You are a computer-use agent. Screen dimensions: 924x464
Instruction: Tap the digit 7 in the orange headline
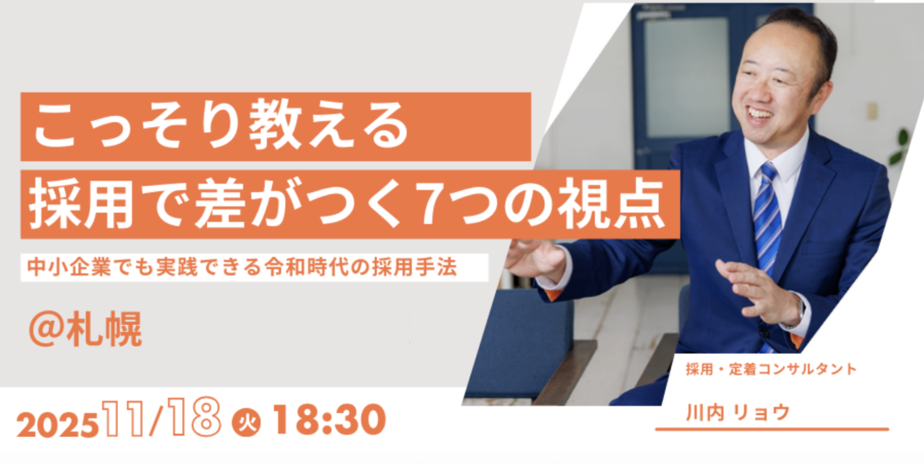[x=434, y=204]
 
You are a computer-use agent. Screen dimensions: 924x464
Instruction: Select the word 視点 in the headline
[x=615, y=204]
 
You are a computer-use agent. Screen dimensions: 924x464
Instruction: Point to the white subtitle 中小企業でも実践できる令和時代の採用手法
[x=242, y=267]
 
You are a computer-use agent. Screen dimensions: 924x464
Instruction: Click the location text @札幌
[x=85, y=329]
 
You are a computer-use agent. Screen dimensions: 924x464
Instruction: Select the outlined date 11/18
[x=161, y=417]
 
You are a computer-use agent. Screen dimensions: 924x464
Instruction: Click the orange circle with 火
[x=247, y=423]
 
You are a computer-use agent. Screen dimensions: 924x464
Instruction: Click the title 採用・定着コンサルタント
[x=771, y=369]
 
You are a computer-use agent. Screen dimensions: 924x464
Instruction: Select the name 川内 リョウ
[x=738, y=412]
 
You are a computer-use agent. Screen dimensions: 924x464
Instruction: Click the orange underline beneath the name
[x=772, y=429]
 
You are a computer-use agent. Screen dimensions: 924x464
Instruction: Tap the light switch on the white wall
[x=872, y=111]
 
